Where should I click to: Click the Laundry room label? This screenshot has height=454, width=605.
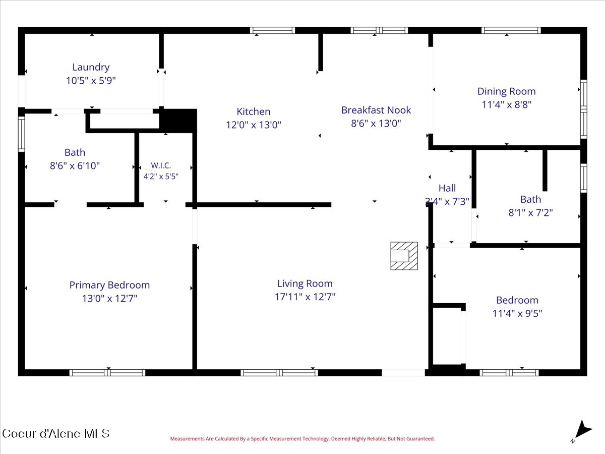coord(91,67)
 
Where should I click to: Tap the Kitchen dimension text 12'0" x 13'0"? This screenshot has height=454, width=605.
coord(254,125)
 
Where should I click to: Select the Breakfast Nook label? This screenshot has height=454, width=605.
coord(376,110)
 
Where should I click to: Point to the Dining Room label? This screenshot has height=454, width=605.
coord(507,91)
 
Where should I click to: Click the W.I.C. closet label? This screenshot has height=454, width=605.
coord(161,165)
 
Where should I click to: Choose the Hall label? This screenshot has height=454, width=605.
coord(447,188)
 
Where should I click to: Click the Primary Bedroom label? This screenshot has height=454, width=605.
coord(109,285)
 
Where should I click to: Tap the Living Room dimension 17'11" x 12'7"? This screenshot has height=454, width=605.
coord(305,297)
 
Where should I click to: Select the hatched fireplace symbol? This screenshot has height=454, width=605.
coord(404,256)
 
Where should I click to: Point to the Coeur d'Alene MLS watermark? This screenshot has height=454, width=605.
coord(56,434)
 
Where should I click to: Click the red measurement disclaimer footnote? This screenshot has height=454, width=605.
coord(302,438)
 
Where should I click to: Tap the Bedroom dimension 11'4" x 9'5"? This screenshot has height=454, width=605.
coord(517,313)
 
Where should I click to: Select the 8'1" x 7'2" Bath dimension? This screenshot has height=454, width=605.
coord(530,212)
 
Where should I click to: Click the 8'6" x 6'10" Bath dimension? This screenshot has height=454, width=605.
coord(75,165)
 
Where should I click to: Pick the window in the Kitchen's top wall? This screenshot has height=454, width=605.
coord(272,30)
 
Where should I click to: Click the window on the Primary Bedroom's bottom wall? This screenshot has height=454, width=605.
coord(107,373)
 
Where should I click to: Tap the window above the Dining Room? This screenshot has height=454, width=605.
coord(511,30)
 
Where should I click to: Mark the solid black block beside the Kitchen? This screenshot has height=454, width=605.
coord(178,121)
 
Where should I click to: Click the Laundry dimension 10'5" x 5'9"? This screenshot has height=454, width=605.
coord(91,81)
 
